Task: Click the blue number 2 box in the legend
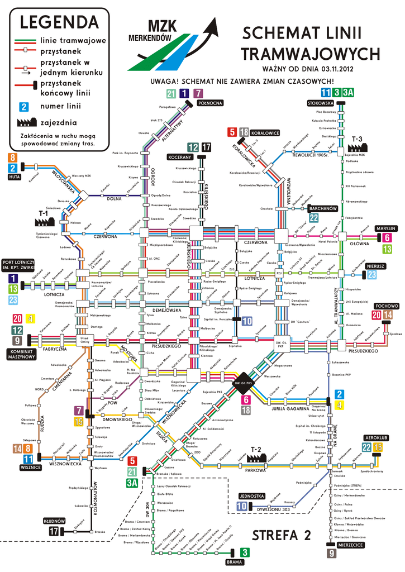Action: (x=23, y=106)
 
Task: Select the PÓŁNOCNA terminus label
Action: (x=210, y=103)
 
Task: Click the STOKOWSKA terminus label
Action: (x=320, y=103)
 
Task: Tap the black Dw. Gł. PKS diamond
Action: (x=243, y=383)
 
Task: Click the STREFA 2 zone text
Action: (x=282, y=535)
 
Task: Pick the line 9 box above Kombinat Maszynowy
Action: (x=18, y=340)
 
